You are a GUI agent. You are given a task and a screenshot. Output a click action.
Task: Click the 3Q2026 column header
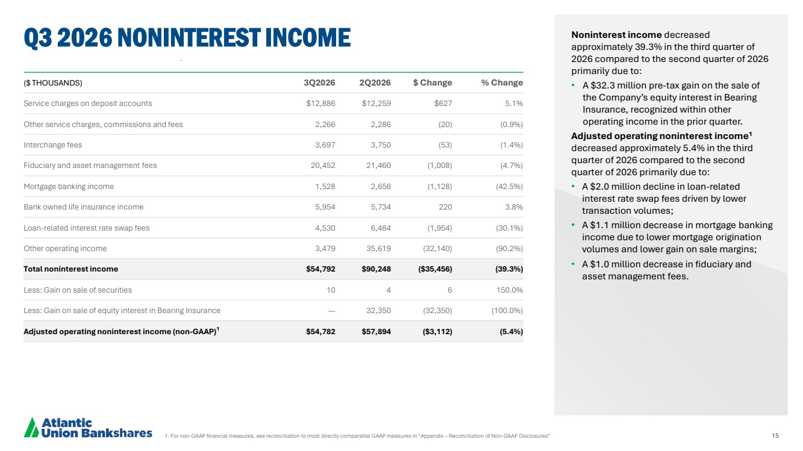tap(319, 82)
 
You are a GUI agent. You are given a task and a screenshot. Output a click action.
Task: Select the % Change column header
tap(502, 82)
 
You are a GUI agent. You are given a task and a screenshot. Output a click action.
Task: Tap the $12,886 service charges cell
tap(320, 104)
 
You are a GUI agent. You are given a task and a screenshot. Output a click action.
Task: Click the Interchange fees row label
tap(52, 145)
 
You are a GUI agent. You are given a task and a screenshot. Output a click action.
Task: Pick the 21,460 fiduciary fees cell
tap(378, 166)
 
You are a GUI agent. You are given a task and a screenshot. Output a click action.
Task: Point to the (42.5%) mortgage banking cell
tap(510, 187)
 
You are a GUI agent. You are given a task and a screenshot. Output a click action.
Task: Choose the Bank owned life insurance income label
tap(84, 207)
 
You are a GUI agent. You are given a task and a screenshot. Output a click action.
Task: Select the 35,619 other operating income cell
tap(378, 249)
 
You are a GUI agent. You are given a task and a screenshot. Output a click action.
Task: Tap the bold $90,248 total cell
tap(376, 269)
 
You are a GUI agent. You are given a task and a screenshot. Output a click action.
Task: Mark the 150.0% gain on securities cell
tap(510, 290)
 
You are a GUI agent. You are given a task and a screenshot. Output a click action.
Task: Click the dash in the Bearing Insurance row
tap(331, 311)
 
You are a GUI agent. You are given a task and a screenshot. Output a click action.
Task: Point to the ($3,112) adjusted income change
tap(437, 332)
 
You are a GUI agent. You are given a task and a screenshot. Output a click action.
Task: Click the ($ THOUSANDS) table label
tap(53, 83)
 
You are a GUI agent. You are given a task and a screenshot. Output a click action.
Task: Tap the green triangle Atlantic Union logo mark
tap(31, 428)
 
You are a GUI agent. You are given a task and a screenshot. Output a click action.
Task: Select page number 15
tap(775, 435)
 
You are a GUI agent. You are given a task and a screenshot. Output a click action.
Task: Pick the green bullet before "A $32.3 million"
tap(573, 86)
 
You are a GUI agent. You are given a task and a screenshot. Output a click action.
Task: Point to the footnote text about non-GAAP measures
tap(357, 436)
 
